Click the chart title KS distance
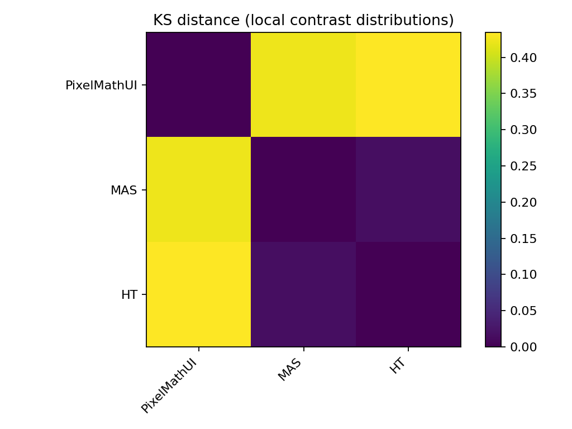303,21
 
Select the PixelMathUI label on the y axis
101,85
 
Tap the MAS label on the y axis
124,190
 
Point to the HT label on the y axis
130,295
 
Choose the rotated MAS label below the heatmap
290,370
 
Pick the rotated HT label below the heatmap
398,366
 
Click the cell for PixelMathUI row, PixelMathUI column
199,85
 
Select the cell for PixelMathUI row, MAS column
303,85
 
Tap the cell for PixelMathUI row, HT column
408,85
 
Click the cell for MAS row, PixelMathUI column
199,190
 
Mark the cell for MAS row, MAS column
303,190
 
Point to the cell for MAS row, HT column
408,190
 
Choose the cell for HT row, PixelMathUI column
199,294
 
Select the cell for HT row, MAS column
303,294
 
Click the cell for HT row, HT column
408,294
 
